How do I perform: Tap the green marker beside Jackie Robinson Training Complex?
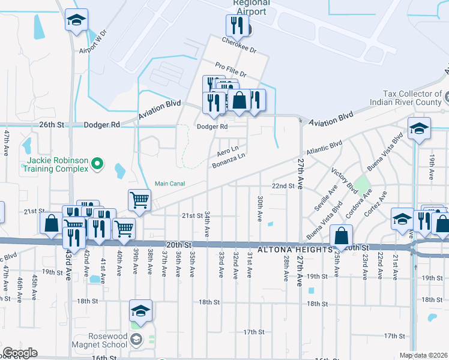[x=100, y=163]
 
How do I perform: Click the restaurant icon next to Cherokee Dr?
[x=236, y=25]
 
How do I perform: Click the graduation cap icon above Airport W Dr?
[x=76, y=19]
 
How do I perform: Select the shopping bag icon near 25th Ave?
[x=341, y=235]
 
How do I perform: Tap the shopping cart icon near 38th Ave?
[x=139, y=200]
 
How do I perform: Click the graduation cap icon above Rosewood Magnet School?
[x=140, y=310]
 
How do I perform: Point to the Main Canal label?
[x=170, y=184]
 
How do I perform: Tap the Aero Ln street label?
[x=228, y=148]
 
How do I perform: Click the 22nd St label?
[x=285, y=186]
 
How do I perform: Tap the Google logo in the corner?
[x=20, y=353]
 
